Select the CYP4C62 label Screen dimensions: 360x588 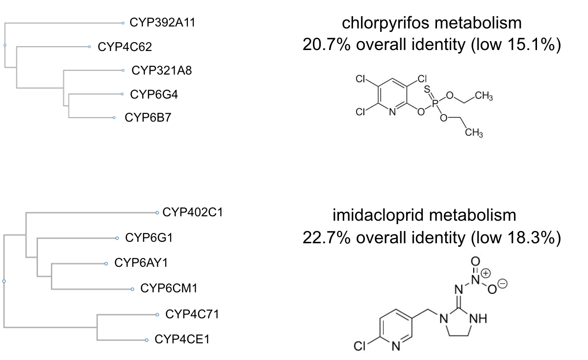tap(125, 47)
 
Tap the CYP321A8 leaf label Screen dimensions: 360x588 tap(161, 71)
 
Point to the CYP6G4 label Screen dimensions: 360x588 tap(153, 94)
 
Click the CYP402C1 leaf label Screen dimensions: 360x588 tap(193, 213)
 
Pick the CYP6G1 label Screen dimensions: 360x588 tap(149, 238)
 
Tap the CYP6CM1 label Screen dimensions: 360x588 tap(169, 288)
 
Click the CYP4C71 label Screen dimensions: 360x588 tap(192, 314)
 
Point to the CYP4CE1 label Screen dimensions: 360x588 tap(182, 339)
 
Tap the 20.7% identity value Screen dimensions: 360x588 tap(324, 45)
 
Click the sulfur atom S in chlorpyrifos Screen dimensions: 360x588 tap(428, 89)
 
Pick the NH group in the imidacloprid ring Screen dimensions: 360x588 tap(478, 320)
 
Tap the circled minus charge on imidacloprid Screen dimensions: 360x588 tap(502, 283)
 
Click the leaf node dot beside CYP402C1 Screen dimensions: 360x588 tap(157, 213)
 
